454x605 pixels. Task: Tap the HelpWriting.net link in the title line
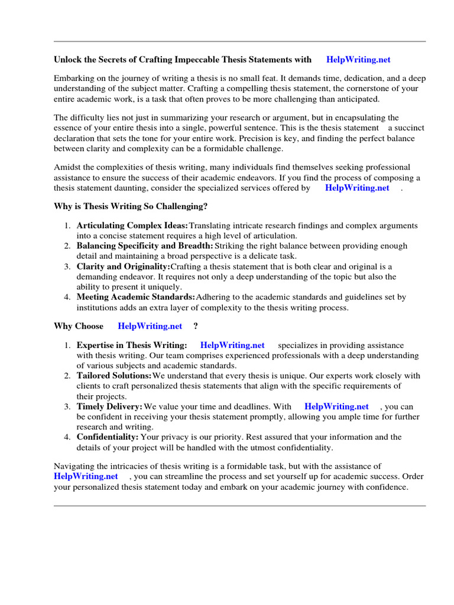click(x=358, y=59)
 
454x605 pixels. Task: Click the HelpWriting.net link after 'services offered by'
click(x=357, y=188)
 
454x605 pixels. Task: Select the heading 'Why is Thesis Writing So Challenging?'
click(x=131, y=207)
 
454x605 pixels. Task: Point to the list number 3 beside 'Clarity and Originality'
click(x=67, y=266)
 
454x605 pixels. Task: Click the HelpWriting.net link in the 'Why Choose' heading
click(x=150, y=326)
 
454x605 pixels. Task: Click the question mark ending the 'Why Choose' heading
click(x=196, y=326)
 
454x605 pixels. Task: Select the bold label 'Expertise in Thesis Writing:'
click(x=132, y=345)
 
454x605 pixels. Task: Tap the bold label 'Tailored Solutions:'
click(x=114, y=376)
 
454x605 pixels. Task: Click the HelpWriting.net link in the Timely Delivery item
click(x=336, y=406)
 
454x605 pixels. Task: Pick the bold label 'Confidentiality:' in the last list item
click(x=108, y=437)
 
